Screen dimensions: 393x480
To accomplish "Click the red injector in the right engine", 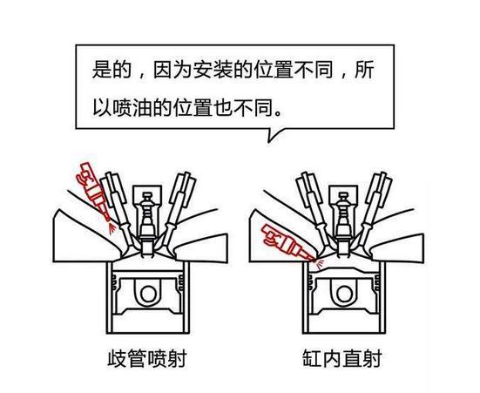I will coord(281,240).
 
